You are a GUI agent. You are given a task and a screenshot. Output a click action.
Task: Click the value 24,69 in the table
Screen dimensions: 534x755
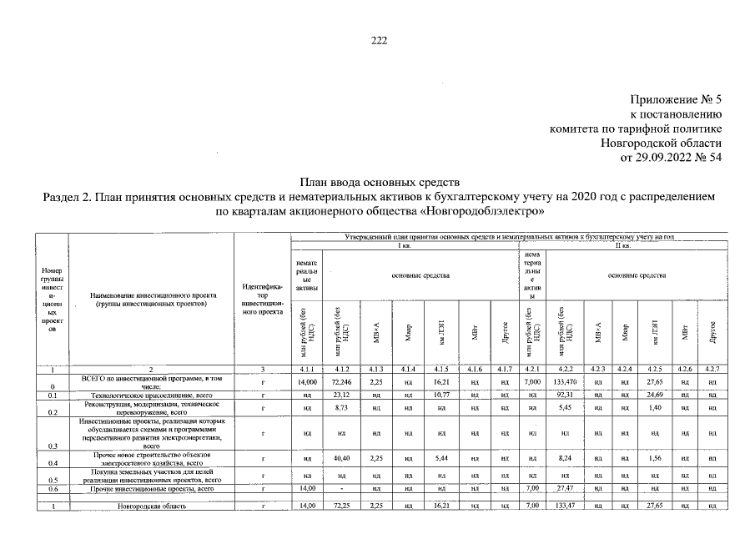pyautogui.click(x=655, y=395)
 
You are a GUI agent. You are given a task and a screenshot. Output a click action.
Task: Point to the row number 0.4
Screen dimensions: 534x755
pyautogui.click(x=52, y=462)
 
